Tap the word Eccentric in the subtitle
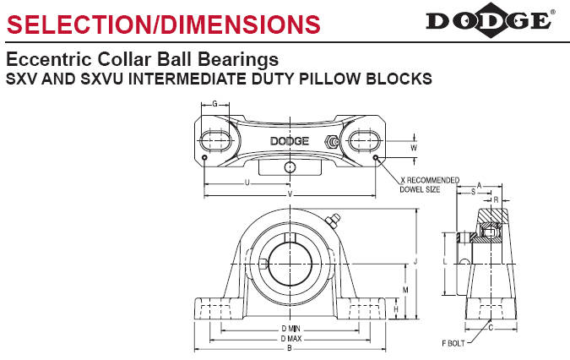(x=43, y=61)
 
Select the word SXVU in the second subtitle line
(x=90, y=79)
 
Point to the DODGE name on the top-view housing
(x=289, y=141)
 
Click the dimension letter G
(x=215, y=105)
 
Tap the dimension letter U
(x=246, y=181)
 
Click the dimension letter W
(x=414, y=147)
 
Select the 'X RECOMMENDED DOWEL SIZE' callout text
(x=429, y=184)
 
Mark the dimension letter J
(x=415, y=264)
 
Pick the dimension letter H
(x=396, y=310)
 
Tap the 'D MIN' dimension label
(x=290, y=328)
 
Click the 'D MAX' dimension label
(x=290, y=338)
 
